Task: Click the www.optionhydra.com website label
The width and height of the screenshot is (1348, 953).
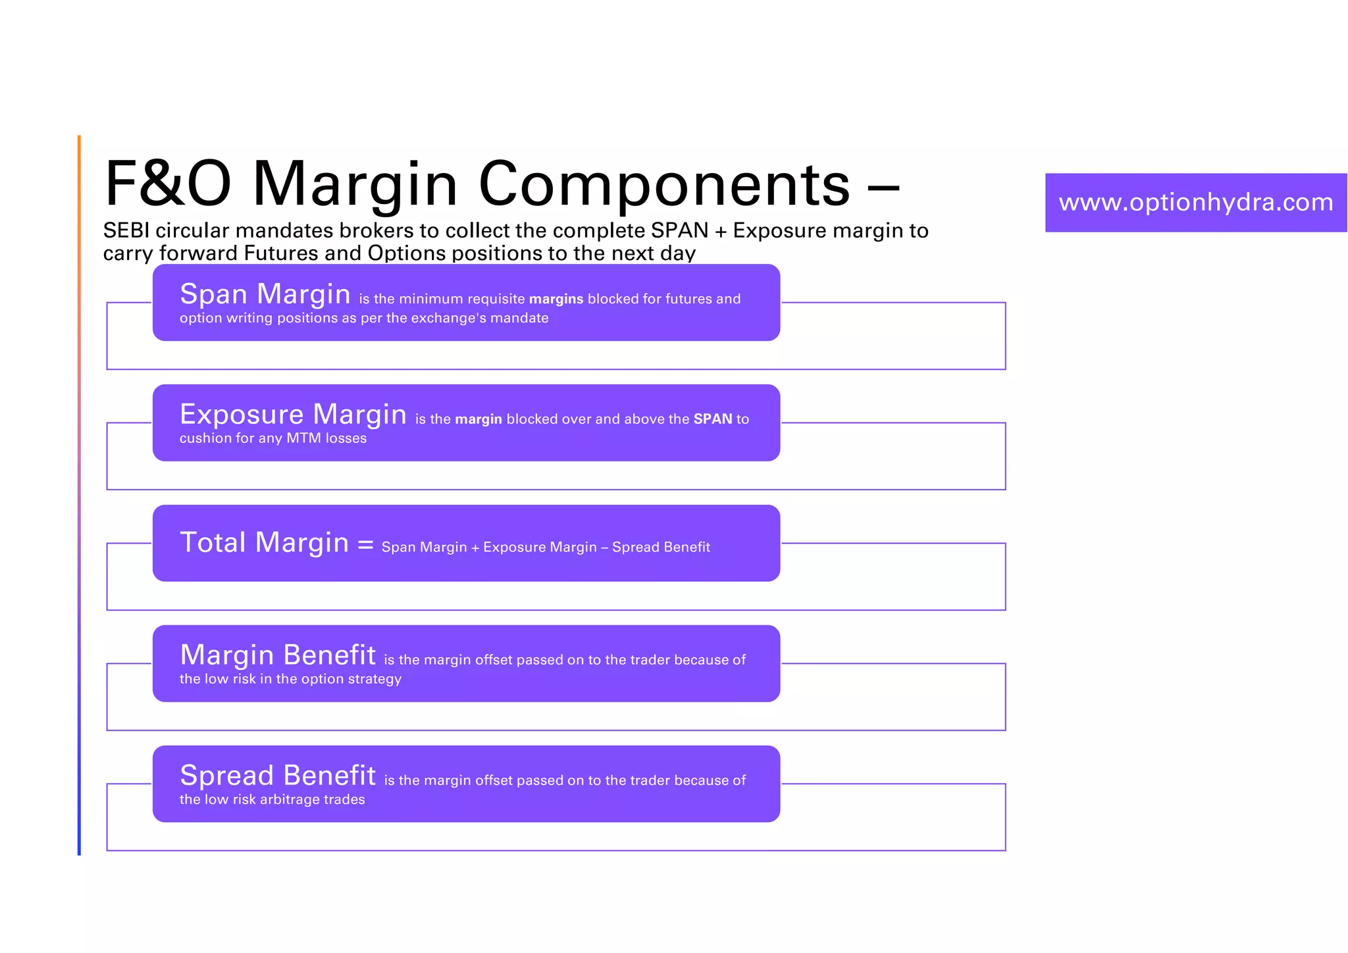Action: coord(1195,202)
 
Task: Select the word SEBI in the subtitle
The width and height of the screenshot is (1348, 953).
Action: coord(126,230)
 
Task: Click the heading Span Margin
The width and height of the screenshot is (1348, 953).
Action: coord(265,294)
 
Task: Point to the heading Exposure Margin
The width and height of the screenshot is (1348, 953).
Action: coord(293,414)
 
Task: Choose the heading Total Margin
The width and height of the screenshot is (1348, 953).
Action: coord(264,542)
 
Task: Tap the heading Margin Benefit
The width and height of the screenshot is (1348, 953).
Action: coord(277,655)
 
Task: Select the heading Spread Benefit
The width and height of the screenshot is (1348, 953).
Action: coord(277,775)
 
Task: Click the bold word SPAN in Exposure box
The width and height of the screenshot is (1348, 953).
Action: coord(712,419)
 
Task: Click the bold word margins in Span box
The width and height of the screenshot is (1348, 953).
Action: coord(556,299)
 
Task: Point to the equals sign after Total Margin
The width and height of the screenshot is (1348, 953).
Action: coord(365,545)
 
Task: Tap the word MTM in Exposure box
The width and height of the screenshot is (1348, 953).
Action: coord(303,438)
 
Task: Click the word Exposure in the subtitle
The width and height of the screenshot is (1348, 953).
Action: coord(777,230)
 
